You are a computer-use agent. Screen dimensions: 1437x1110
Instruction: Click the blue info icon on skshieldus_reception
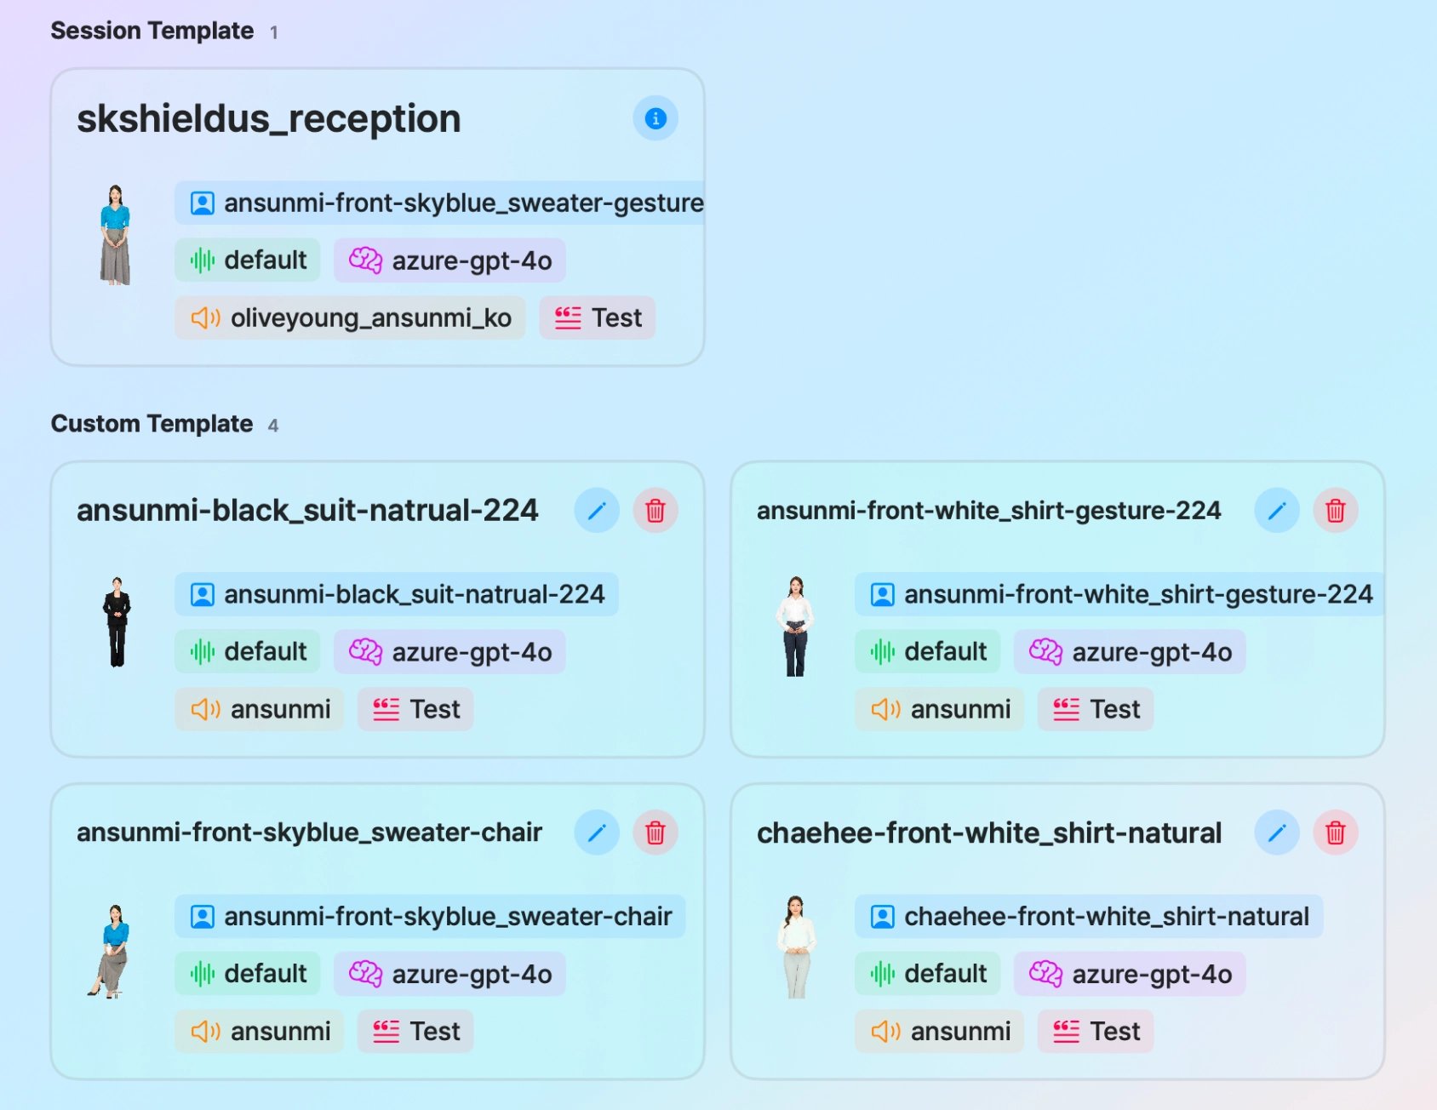click(x=655, y=118)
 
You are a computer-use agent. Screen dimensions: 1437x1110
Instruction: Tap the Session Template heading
click(x=152, y=31)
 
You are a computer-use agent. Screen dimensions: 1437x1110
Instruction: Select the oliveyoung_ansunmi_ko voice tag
click(x=350, y=318)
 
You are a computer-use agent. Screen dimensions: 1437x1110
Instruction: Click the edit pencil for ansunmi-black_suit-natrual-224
click(x=597, y=510)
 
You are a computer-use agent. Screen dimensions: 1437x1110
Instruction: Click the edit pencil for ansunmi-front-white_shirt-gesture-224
click(x=1277, y=510)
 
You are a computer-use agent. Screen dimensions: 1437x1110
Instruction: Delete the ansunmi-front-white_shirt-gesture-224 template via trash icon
click(x=1336, y=510)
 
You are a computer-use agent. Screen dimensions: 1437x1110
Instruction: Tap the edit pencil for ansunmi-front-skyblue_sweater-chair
click(x=597, y=832)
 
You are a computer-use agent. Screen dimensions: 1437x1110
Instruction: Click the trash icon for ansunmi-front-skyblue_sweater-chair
click(x=656, y=832)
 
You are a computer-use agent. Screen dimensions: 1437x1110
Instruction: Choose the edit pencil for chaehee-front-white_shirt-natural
click(x=1277, y=832)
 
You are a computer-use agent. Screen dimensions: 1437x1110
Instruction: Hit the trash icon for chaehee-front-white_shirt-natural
click(x=1336, y=832)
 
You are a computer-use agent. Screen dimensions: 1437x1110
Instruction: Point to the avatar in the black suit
click(x=117, y=622)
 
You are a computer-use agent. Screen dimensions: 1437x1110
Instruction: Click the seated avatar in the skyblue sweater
click(x=110, y=951)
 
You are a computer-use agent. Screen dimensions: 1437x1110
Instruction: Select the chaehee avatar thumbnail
click(x=797, y=947)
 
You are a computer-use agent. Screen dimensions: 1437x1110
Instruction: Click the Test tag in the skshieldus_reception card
click(x=597, y=318)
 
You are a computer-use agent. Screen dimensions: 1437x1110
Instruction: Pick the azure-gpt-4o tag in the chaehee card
click(x=1130, y=974)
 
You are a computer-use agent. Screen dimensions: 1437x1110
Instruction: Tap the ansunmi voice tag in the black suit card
click(x=260, y=709)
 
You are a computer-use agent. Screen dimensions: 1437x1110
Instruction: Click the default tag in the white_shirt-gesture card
click(x=928, y=651)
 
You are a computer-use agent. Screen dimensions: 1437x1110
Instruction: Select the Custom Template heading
click(x=152, y=423)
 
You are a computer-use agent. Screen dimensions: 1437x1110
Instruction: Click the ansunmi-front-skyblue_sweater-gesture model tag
click(x=440, y=203)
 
